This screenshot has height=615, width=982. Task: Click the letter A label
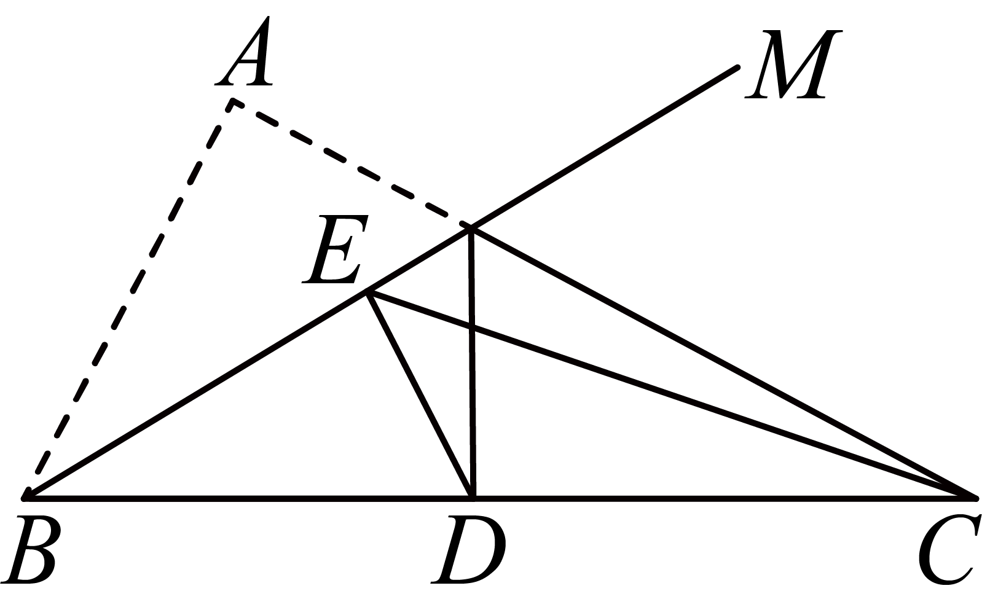pos(244,51)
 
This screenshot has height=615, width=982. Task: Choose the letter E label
pos(335,249)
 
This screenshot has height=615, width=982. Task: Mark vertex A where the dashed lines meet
pos(232,102)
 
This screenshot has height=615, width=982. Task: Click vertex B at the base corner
pos(25,498)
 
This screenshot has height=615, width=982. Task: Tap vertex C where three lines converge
pos(976,498)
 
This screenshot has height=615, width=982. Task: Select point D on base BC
pos(473,498)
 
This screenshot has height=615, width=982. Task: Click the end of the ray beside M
pos(738,68)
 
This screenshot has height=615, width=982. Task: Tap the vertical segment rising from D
pos(472,363)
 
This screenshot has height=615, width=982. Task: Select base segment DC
pos(725,498)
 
